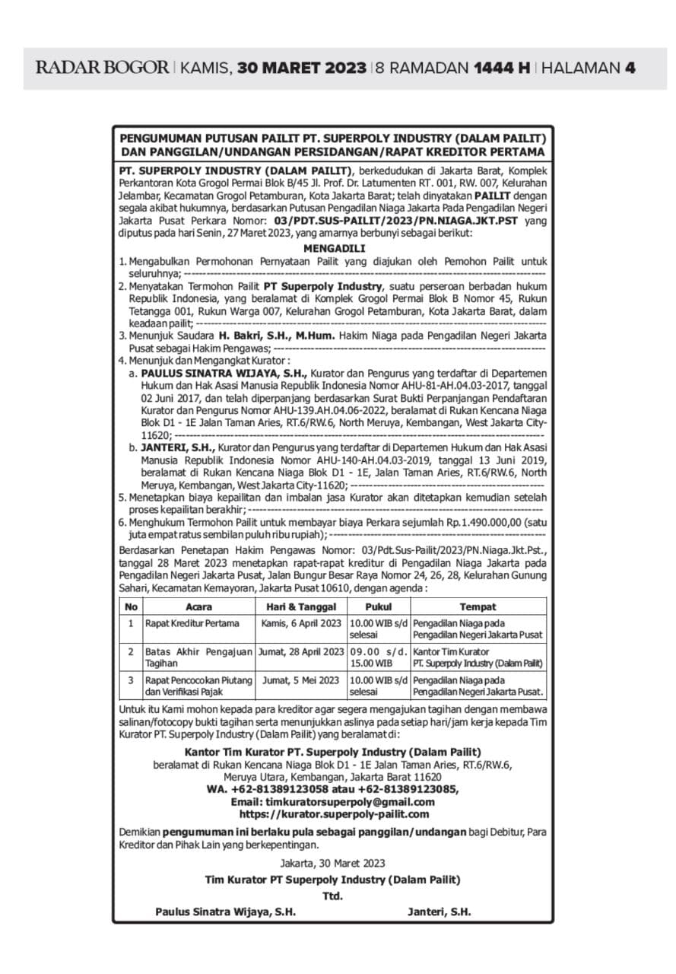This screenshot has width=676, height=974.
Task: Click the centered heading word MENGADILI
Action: click(334, 248)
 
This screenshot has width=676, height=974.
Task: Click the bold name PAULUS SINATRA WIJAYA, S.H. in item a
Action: click(224, 374)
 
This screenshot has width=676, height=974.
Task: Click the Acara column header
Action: click(199, 606)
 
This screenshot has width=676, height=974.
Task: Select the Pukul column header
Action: click(379, 606)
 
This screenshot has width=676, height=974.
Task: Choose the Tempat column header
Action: click(478, 606)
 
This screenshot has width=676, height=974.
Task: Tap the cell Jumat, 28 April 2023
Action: click(302, 651)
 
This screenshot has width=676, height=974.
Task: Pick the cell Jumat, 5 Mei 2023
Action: click(301, 680)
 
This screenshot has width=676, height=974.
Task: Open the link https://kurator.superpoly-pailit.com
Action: click(334, 814)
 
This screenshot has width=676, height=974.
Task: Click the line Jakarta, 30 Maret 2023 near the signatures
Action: click(332, 863)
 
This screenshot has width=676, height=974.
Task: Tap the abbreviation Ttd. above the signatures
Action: click(332, 896)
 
